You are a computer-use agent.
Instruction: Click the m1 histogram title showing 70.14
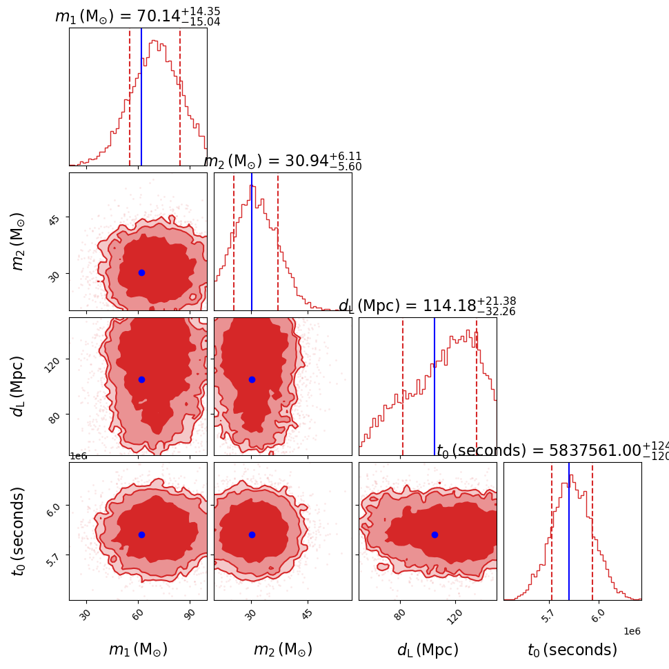point(137,16)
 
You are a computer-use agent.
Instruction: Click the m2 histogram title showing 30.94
point(282,161)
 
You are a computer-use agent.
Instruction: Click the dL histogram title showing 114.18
point(427,306)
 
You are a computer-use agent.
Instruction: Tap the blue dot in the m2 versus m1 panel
point(141,272)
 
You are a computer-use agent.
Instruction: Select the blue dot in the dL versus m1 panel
point(141,379)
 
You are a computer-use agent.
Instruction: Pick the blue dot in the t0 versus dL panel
point(435,535)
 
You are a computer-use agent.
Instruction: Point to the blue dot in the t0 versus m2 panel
point(252,535)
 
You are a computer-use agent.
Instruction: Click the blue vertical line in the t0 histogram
point(569,531)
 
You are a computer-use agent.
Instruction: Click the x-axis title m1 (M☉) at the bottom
point(138,650)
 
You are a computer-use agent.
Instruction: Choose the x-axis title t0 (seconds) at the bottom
point(572,650)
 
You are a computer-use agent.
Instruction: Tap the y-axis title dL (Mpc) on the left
point(18,386)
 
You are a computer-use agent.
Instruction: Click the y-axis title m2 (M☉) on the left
point(18,241)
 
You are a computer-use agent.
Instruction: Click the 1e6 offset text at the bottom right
point(632,631)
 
